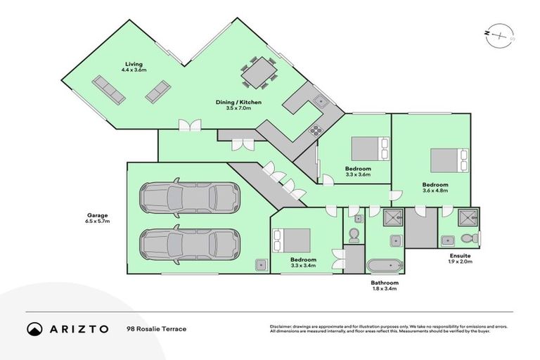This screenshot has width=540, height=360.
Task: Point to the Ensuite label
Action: [x=461, y=257]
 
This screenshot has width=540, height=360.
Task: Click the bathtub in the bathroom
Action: [x=384, y=266]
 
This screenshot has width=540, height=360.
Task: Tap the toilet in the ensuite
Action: [x=472, y=239]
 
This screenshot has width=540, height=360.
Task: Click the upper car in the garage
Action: [x=188, y=199]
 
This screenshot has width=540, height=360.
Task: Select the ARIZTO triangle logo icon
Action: [x=35, y=328]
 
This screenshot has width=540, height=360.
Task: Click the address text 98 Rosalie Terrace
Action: [x=156, y=328]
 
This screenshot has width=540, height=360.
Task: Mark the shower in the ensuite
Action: [x=466, y=217]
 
